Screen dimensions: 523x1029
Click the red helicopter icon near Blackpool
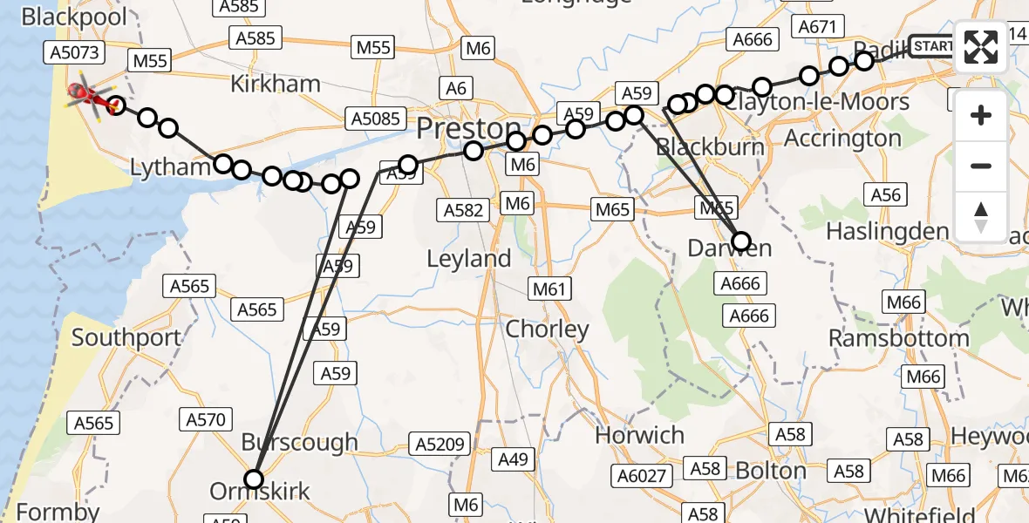tap(91, 95)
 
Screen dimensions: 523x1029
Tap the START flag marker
tap(932, 45)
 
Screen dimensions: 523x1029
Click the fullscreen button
tap(981, 47)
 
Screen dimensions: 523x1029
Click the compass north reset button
tap(981, 217)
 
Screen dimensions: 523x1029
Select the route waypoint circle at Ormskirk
tap(254, 479)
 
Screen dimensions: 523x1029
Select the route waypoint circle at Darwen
tap(741, 241)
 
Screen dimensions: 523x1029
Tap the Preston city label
tap(468, 129)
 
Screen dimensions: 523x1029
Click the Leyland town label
tap(469, 259)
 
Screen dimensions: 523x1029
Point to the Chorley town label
tap(548, 329)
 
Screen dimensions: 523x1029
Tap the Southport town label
tap(126, 337)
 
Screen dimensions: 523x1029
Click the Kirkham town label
tap(276, 85)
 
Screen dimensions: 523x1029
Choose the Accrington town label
tap(842, 139)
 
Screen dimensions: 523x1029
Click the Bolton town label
tap(770, 471)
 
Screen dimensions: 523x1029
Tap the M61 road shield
tap(549, 289)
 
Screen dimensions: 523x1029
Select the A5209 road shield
tap(442, 444)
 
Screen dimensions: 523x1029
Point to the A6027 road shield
tap(644, 475)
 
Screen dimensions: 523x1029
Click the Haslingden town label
tap(887, 232)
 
